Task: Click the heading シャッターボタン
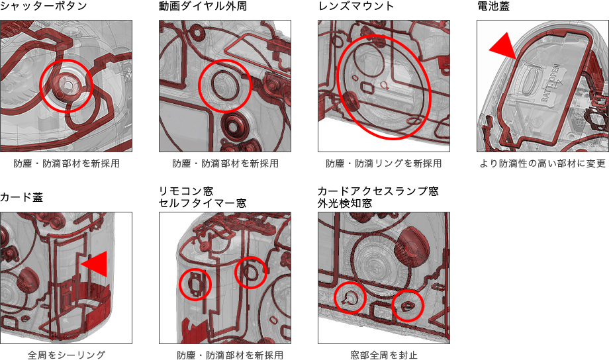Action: pos(44,6)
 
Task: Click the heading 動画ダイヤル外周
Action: pos(203,6)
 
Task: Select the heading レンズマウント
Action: pos(355,6)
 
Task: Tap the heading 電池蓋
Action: pos(493,6)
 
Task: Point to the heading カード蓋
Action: pos(21,197)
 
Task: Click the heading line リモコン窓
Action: pos(186,191)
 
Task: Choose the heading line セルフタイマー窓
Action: pos(203,203)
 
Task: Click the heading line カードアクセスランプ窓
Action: pos(378,191)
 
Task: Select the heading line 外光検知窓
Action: pos(345,203)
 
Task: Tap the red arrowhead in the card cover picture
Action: pos(95,264)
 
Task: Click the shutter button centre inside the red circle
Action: pos(68,84)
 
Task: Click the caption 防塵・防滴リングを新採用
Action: pos(384,163)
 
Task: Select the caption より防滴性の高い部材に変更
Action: pos(543,163)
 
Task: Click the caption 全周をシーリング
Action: pos(66,355)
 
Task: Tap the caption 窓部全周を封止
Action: pos(384,355)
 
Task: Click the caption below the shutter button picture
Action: pos(66,163)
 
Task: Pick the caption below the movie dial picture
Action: pos(225,163)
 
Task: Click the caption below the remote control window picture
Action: pos(230,355)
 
